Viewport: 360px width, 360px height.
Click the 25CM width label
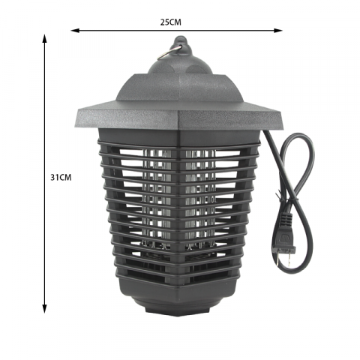tap(171, 22)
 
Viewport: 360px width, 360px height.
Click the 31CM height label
tap(61, 178)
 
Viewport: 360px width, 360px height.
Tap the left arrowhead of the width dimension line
tap(75, 31)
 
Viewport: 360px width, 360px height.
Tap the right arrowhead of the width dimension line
tap(278, 31)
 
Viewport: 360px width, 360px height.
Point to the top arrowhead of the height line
tap(45, 38)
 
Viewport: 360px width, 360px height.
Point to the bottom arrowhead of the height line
tap(45, 309)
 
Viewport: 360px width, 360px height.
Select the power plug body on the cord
tap(284, 234)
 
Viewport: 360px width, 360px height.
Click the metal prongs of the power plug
tap(283, 259)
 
